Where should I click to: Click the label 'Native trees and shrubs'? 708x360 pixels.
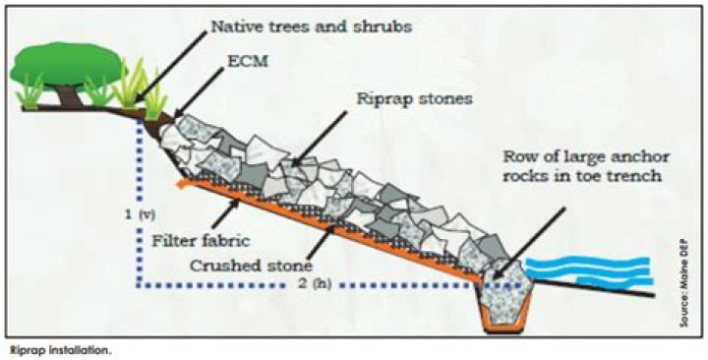312,26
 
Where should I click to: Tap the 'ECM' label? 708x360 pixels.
249,61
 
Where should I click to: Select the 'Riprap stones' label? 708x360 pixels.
415,99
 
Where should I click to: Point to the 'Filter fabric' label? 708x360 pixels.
200,240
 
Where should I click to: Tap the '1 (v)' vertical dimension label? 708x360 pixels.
141,215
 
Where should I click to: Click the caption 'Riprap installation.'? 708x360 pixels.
59,350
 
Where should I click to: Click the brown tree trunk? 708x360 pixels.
69,96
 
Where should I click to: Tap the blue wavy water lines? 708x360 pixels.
590,271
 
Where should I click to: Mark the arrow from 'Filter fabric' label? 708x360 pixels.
226,212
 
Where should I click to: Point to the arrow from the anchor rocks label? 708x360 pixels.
529,243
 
